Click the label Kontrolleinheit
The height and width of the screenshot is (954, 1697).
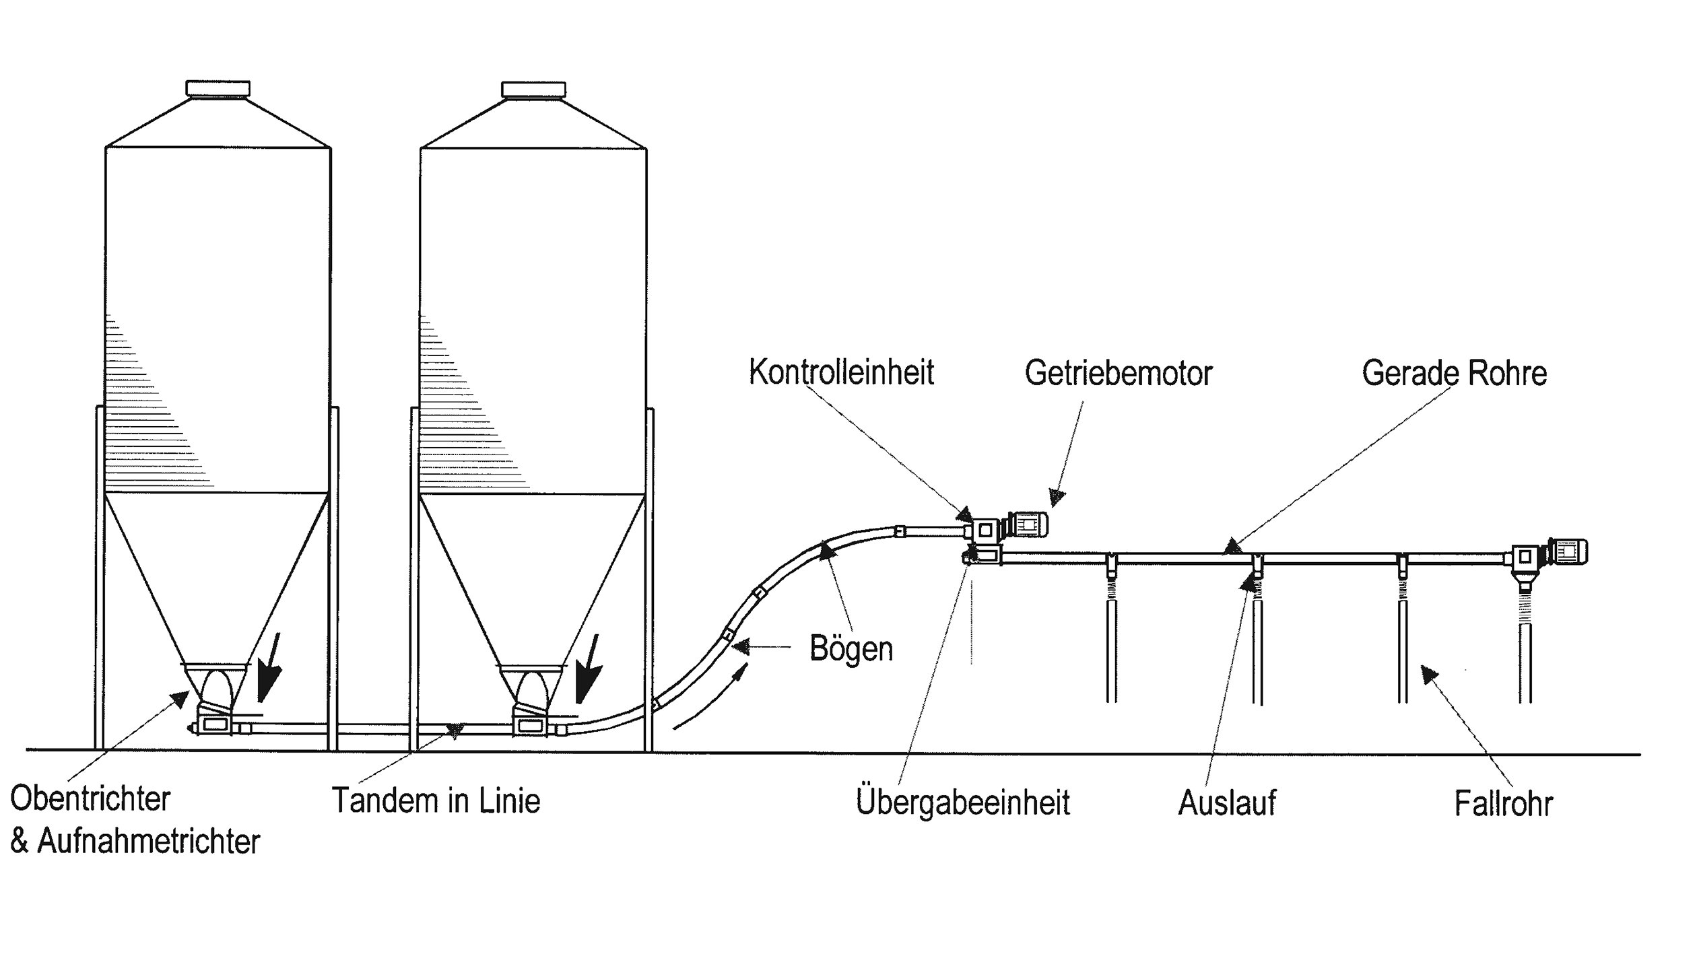pos(841,372)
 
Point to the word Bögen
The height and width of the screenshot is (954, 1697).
pos(851,649)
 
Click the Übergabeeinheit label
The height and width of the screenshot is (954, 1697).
pos(963,803)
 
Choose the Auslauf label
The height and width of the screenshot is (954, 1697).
pos(1226,803)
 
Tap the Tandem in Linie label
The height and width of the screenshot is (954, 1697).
pos(436,801)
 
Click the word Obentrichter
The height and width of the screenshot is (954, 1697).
pos(90,799)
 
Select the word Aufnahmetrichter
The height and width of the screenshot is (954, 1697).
pos(148,842)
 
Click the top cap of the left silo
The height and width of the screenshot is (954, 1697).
pos(218,88)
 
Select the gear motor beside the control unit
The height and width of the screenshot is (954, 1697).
pos(1026,525)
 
